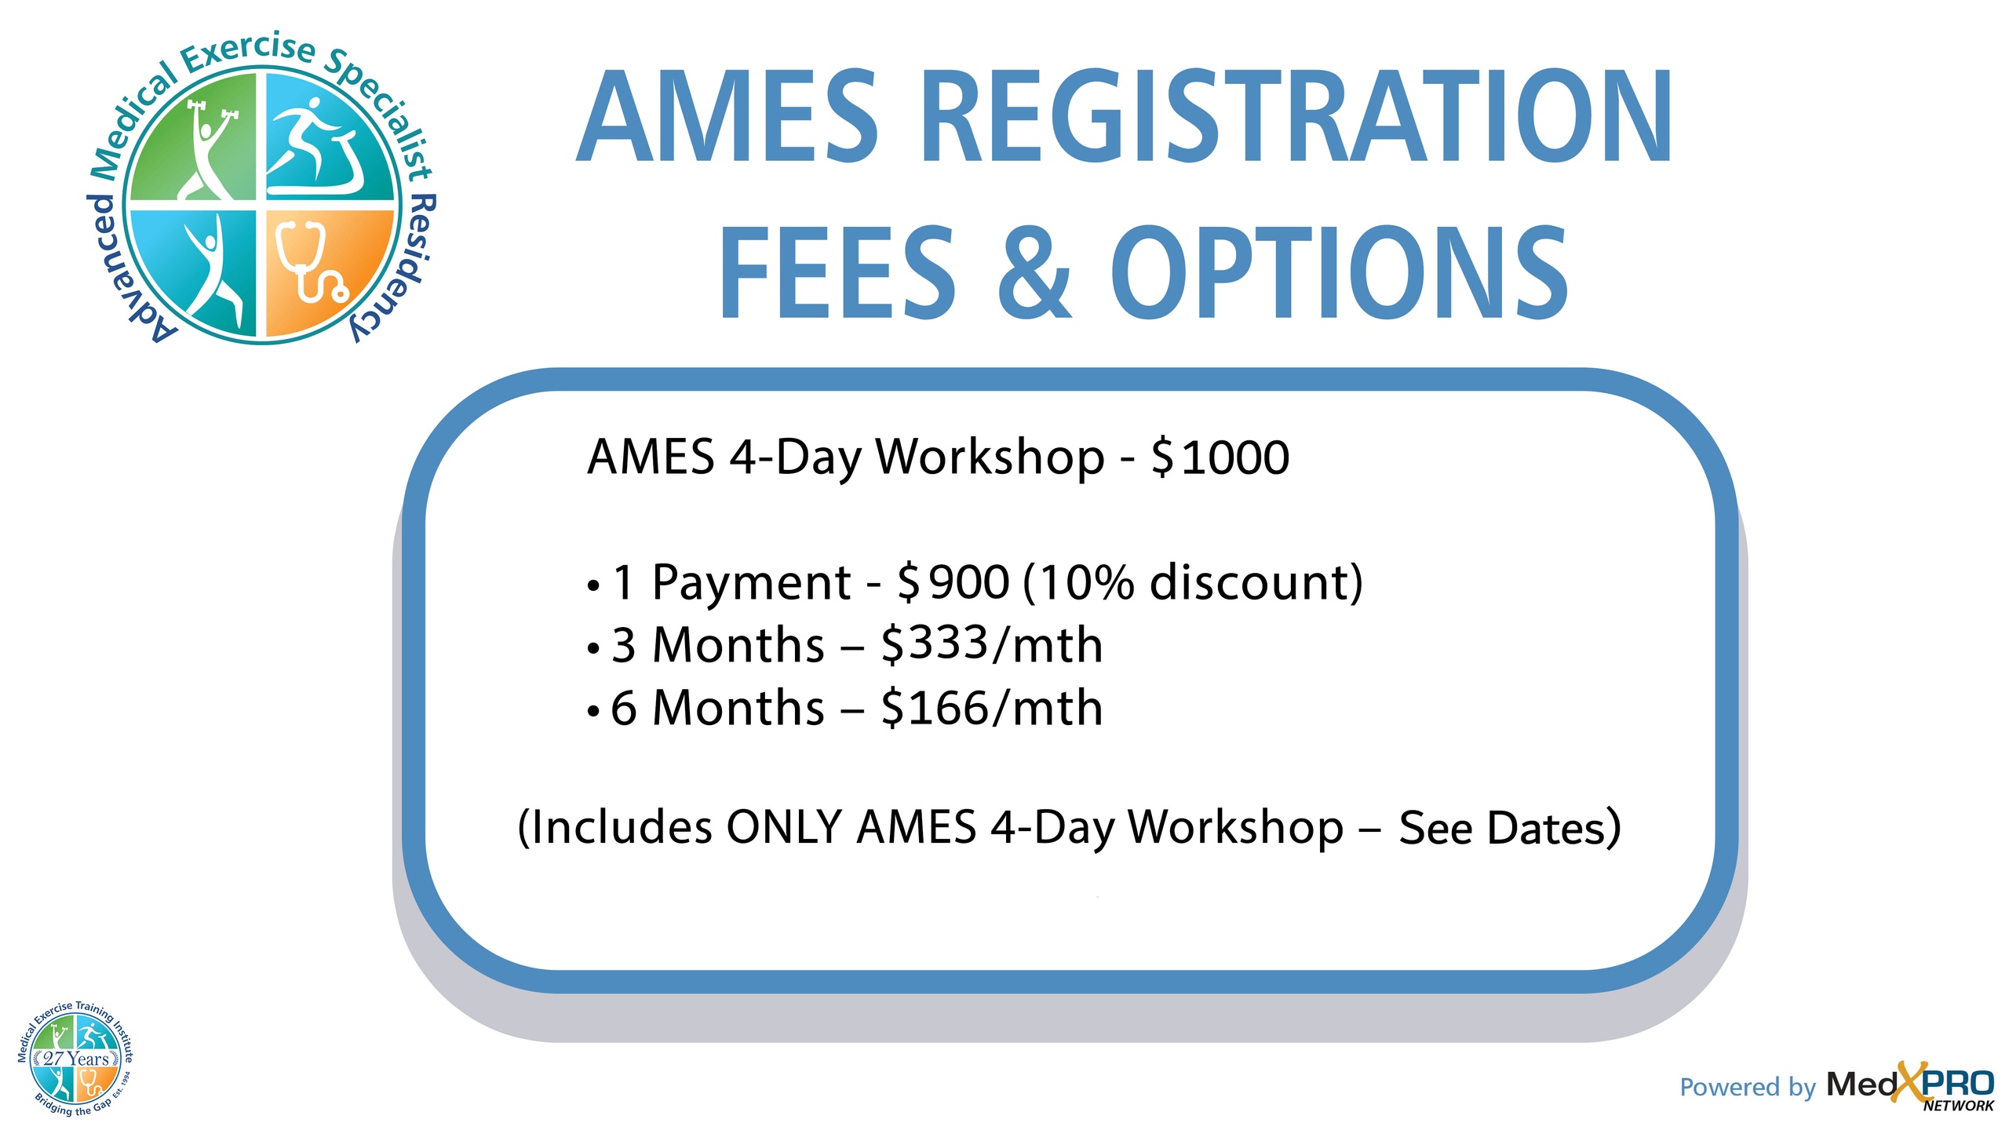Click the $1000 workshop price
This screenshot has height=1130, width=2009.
pos(1220,457)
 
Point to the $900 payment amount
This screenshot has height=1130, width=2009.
pos(953,582)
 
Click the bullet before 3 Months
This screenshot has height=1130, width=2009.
pos(593,649)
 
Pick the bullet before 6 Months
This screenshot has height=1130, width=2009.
pos(593,712)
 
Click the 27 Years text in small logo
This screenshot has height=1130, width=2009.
pos(76,1059)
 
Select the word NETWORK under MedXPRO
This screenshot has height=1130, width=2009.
pos(1958,1106)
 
